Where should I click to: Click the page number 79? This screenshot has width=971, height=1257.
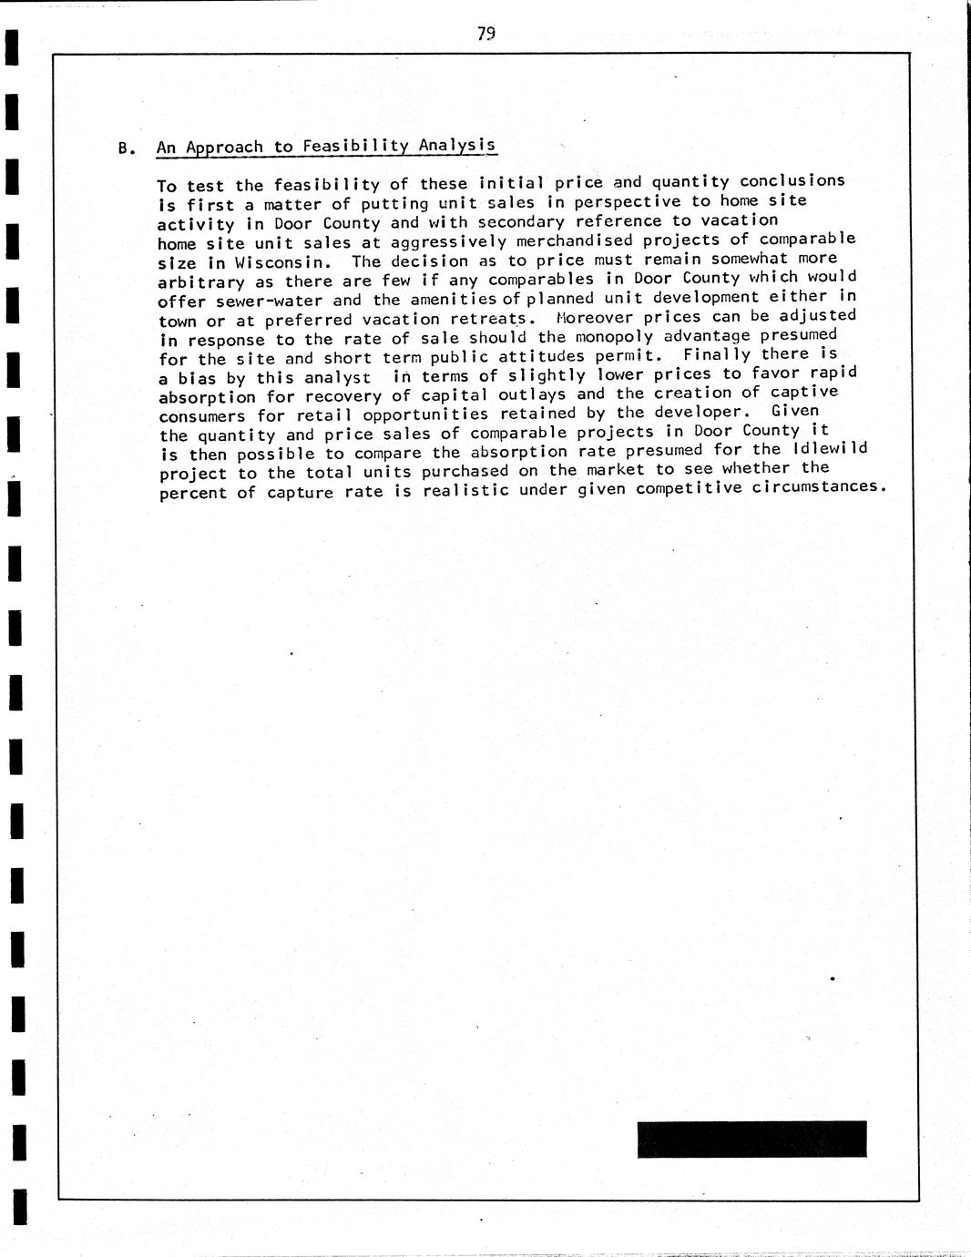coord(485,35)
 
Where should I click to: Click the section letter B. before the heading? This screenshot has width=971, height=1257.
coord(127,148)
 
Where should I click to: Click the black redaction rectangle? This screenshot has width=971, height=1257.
coord(751,1139)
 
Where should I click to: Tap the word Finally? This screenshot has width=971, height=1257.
coord(717,354)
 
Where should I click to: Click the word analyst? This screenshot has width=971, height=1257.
coord(337,377)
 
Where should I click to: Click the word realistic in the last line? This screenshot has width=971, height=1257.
coord(466,490)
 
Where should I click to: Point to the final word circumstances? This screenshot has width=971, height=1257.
coord(819,486)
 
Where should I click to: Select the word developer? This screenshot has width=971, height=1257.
coord(693,413)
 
